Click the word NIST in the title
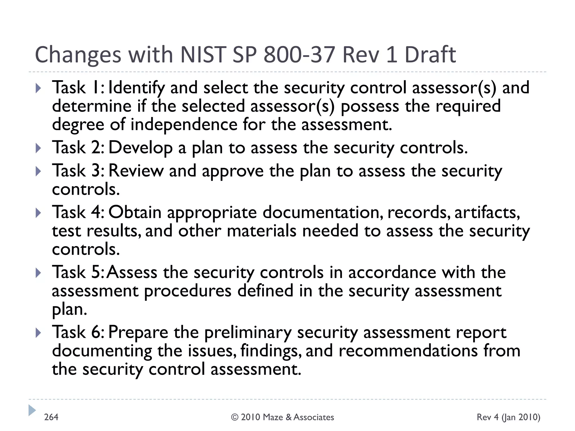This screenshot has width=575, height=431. (203, 54)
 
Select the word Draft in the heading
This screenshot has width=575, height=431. (430, 54)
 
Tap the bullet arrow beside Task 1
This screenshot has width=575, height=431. (38, 88)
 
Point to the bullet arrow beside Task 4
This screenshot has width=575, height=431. (38, 213)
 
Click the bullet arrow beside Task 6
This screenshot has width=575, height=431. (38, 333)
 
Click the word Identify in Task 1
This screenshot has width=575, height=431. (137, 88)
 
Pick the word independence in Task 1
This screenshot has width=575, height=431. (184, 124)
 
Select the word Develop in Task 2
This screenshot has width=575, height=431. (140, 148)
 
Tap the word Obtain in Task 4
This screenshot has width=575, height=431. (135, 212)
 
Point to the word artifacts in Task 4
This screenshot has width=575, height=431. (487, 212)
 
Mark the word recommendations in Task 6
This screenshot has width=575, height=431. (408, 351)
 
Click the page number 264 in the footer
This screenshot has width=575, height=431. (51, 417)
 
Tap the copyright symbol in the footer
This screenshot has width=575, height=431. (235, 417)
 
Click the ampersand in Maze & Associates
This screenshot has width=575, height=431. (289, 417)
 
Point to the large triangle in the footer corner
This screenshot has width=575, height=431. (32, 410)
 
